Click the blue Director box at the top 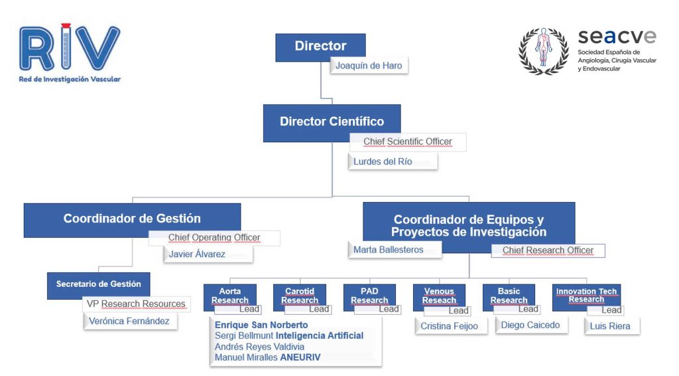point(320,47)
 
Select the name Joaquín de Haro point(368,66)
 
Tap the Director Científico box point(332,122)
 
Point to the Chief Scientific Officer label point(407,142)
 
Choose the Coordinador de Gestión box point(132,219)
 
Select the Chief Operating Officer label point(214,238)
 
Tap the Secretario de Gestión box point(98,284)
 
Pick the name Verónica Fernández point(129,322)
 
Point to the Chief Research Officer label point(547,250)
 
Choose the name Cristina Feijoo point(449,326)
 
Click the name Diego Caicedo point(530,326)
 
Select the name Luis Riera point(610,326)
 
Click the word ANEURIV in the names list point(300,357)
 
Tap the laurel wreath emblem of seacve point(543,50)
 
